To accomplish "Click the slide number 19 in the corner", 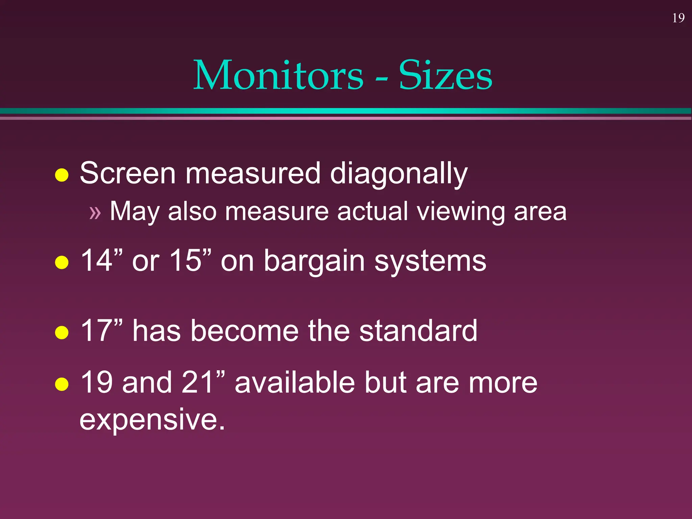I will click(x=678, y=18).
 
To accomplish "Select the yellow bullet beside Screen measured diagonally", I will click(x=62, y=175).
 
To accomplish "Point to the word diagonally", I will click(x=398, y=174).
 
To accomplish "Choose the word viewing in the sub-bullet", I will click(x=461, y=212).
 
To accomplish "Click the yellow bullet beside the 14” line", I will click(x=62, y=262).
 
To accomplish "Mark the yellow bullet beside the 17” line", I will click(x=62, y=332).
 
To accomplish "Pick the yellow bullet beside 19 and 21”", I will click(x=62, y=384).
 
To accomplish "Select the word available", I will click(x=295, y=382).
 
